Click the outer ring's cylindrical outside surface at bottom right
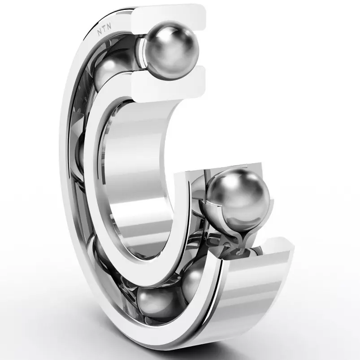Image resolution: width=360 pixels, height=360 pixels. click(256, 291)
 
